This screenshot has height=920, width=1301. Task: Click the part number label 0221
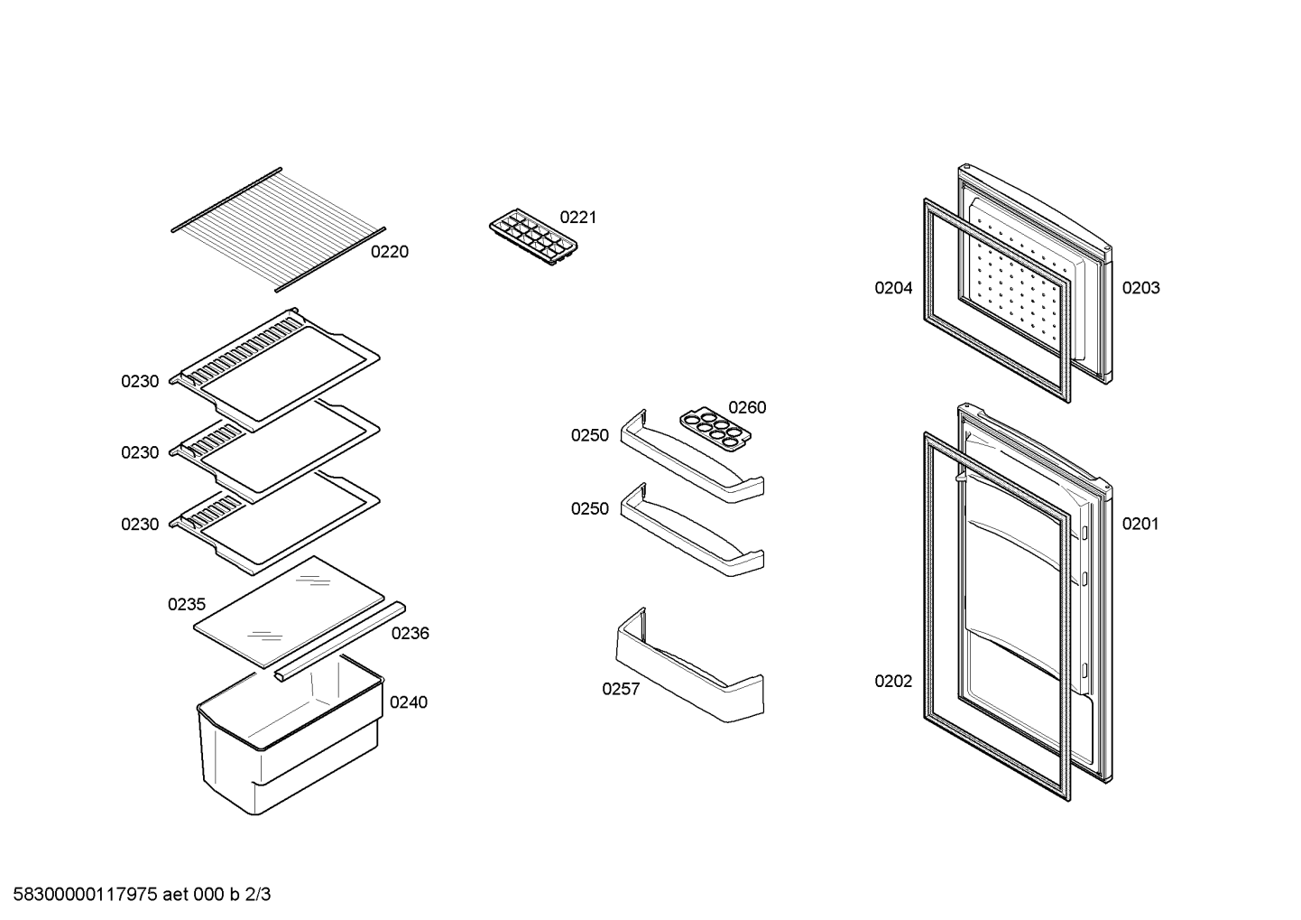pos(578,218)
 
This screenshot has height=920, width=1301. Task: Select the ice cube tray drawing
pos(533,237)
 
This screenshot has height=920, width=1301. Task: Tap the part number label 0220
pos(390,252)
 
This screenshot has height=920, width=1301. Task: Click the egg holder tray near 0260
pos(715,429)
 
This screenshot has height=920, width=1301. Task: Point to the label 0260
pos(748,407)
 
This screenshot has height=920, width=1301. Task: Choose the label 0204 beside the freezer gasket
pos(893,288)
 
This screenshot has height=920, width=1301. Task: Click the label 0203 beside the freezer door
pos(1140,288)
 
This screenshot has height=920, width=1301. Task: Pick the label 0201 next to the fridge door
pos(1140,524)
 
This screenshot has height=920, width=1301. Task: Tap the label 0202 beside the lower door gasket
pos(893,681)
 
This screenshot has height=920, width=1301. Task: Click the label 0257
pos(621,689)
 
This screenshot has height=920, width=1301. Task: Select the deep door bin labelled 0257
pos(690,665)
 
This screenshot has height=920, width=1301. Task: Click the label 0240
pos(409,702)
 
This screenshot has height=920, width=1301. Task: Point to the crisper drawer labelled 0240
pos(290,735)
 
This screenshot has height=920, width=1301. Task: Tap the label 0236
pos(410,634)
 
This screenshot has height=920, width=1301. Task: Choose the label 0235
pos(187,604)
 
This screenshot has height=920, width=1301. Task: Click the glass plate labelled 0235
pos(289,611)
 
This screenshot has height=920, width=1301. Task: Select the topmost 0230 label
pos(140,381)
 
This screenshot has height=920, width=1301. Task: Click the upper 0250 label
pos(590,435)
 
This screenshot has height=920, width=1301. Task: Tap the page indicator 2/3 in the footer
pos(258,895)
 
